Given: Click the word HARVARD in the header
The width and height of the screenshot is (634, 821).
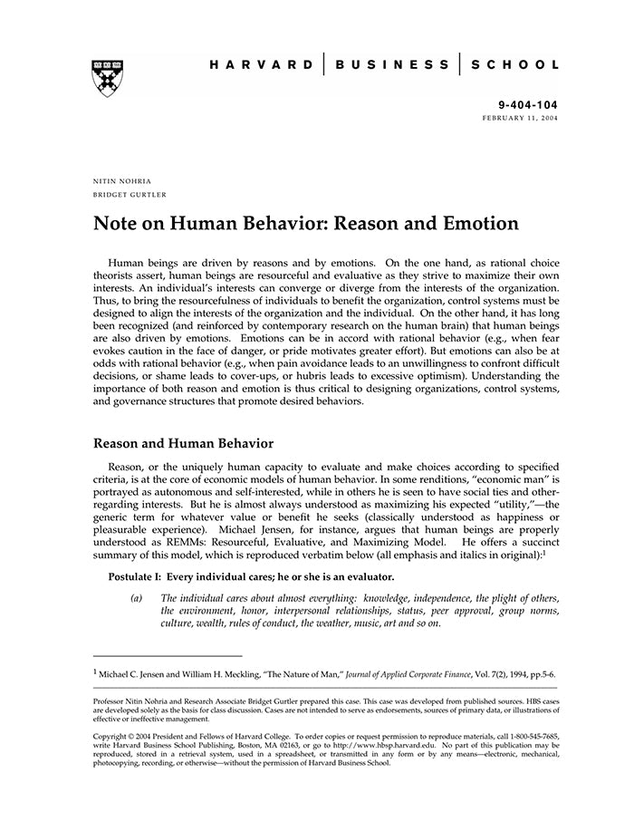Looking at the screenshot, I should point(262,65).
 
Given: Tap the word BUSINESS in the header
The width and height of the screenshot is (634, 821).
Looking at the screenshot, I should point(391,65).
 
